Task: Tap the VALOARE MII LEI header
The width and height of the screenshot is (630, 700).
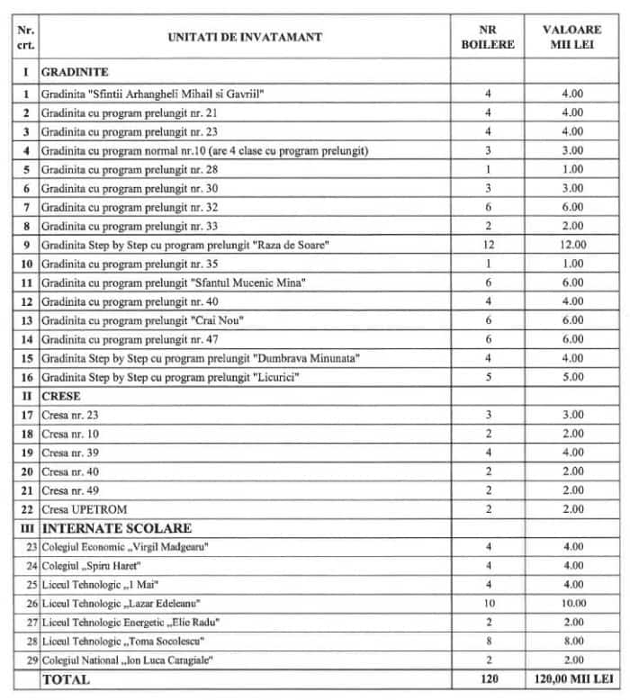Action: [x=571, y=37]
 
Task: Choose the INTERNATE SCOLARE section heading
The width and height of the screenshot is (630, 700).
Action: [x=116, y=527]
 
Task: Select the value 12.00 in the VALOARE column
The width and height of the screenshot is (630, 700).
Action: [x=571, y=245]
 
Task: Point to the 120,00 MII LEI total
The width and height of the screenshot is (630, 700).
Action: [x=571, y=679]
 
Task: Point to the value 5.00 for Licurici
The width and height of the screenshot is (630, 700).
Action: [x=571, y=375]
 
